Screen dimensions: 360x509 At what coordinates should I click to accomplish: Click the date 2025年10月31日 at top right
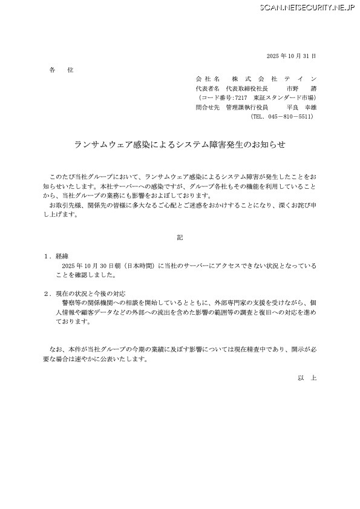pyautogui.click(x=291, y=56)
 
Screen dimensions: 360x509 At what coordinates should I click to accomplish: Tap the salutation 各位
pyautogui.click(x=61, y=70)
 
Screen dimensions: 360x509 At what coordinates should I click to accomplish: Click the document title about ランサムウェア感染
pyautogui.click(x=179, y=145)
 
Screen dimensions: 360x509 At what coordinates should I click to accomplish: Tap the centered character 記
pyautogui.click(x=179, y=238)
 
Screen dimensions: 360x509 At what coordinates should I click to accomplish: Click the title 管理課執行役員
pyautogui.click(x=246, y=107)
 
